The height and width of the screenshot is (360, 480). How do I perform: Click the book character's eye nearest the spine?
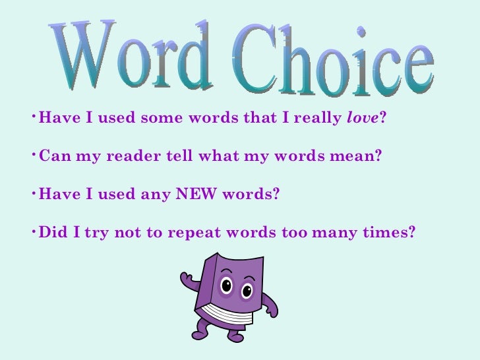[x=227, y=286]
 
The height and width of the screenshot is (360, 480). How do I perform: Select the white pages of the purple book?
[x=228, y=315]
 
